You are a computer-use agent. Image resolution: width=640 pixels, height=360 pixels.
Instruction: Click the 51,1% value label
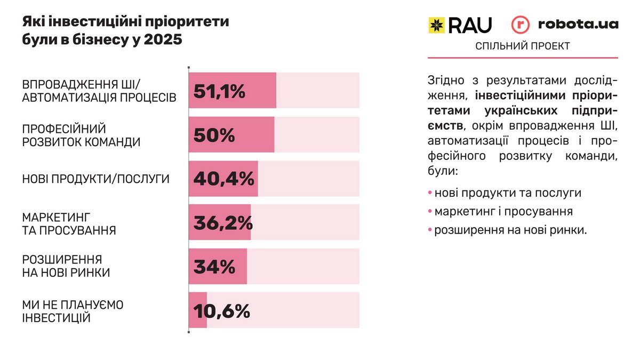click(219, 91)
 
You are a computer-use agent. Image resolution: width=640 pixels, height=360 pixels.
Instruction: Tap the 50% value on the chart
click(214, 135)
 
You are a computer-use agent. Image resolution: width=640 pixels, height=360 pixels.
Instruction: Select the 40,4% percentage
click(223, 179)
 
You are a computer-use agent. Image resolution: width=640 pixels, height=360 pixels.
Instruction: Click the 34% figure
click(214, 266)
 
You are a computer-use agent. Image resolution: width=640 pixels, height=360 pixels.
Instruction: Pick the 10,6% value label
click(221, 310)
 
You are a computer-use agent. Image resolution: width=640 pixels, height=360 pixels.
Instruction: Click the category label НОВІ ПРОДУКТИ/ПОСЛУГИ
click(96, 179)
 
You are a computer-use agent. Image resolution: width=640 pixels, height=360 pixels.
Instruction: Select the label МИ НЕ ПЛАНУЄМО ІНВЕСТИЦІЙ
click(73, 311)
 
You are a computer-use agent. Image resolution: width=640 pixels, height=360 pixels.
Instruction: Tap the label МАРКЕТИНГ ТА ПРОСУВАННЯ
click(69, 223)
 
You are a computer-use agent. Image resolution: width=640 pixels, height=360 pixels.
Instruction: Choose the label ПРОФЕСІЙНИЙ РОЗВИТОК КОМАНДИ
click(81, 135)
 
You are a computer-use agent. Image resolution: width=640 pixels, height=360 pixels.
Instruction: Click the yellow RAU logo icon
click(436, 25)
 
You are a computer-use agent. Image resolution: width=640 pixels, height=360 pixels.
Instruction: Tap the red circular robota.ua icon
click(521, 25)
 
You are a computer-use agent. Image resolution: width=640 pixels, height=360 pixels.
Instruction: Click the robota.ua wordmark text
click(578, 24)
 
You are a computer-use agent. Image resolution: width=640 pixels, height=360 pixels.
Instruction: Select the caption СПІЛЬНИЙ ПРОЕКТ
click(523, 46)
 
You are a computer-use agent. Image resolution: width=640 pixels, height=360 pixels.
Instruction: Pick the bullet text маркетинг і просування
click(503, 211)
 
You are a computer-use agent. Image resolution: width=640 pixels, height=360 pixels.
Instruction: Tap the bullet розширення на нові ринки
click(510, 230)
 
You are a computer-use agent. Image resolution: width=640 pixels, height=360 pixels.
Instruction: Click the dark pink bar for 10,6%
click(198, 310)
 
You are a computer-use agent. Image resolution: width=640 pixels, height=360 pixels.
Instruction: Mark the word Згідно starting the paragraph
click(444, 82)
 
